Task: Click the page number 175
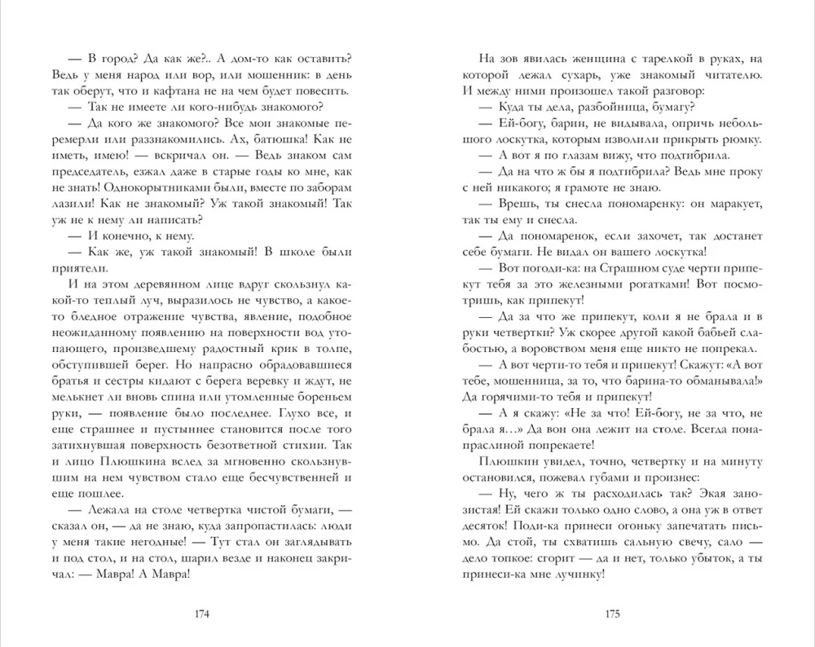click(x=612, y=614)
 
